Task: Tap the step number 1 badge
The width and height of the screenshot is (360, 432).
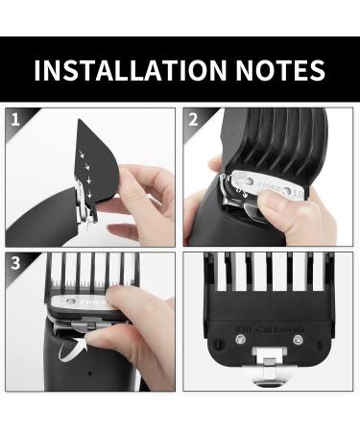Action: click(14, 120)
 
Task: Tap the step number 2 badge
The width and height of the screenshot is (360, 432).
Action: click(194, 120)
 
